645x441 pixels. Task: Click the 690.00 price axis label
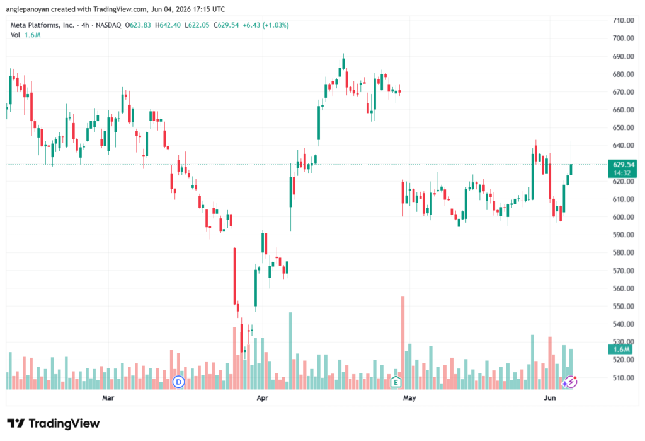[623, 56]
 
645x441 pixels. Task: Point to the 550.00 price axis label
[623, 306]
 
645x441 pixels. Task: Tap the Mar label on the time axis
[108, 397]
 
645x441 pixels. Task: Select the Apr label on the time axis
[262, 397]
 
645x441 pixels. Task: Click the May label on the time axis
[409, 397]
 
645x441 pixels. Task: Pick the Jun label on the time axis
[549, 397]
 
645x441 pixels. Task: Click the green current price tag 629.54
[622, 168]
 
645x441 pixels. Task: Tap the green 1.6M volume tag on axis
[622, 350]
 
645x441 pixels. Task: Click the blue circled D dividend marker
[178, 382]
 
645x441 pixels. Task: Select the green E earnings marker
[396, 382]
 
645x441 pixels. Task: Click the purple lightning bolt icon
[569, 382]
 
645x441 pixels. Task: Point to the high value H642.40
[168, 25]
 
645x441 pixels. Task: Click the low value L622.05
[197, 25]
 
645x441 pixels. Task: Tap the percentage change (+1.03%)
[275, 25]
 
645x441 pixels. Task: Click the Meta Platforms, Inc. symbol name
[42, 25]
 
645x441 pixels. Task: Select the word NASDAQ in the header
[108, 25]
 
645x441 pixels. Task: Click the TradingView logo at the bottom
[54, 423]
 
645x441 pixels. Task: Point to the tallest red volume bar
[402, 343]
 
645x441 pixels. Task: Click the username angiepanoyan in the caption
[28, 9]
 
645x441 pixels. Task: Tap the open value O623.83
[138, 25]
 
